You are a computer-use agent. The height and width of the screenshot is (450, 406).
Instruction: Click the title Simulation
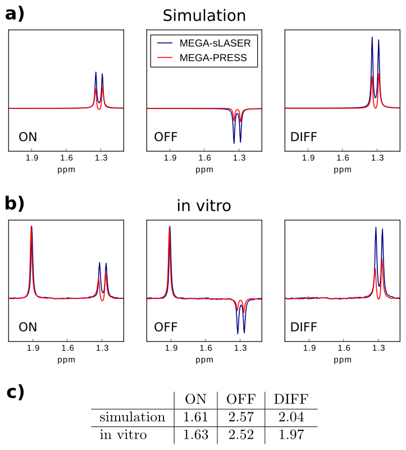click(x=204, y=16)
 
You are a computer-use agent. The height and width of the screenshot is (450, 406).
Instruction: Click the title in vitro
click(x=204, y=206)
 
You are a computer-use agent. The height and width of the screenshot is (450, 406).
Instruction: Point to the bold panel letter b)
click(x=15, y=203)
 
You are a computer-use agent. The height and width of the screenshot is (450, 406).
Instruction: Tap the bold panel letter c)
click(x=15, y=392)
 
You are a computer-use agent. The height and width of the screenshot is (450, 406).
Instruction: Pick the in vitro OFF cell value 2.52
click(x=241, y=434)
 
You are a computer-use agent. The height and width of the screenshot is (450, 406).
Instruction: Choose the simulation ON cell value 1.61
click(x=195, y=417)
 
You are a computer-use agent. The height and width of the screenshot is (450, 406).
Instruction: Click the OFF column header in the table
click(x=241, y=399)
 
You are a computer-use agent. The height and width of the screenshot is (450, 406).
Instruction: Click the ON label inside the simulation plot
click(x=28, y=137)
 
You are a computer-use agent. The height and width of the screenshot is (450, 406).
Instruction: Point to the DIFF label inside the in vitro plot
click(x=304, y=326)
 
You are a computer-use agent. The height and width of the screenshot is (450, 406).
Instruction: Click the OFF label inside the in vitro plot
click(x=167, y=326)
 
